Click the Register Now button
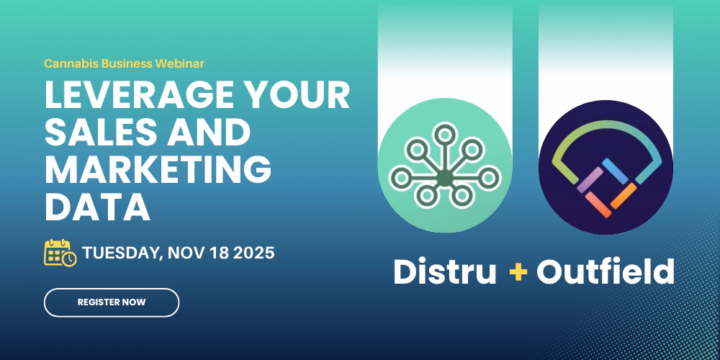112,302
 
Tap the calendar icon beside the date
60,253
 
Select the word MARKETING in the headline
158,169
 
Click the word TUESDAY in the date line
122,253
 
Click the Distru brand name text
445,272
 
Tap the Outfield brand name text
606,272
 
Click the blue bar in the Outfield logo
615,171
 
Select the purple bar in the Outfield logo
589,179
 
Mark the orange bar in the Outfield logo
624,195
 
